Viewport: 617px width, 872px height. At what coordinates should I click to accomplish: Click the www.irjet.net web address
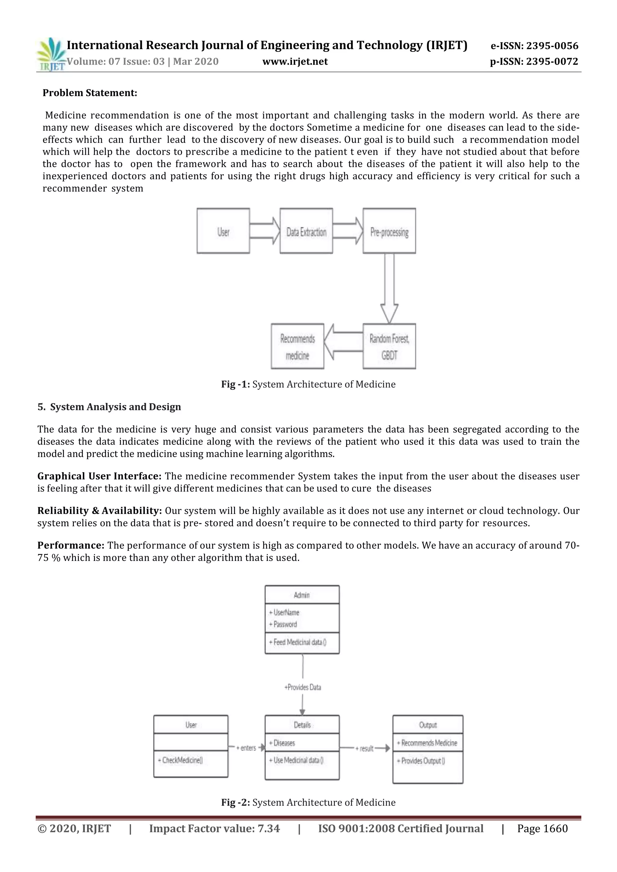click(295, 61)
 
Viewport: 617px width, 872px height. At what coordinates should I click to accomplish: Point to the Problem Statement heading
click(90, 93)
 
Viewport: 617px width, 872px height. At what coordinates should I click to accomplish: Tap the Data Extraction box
click(306, 231)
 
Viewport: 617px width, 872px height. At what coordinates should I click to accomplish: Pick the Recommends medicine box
click(297, 346)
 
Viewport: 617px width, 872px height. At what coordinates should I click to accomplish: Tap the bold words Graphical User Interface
click(99, 476)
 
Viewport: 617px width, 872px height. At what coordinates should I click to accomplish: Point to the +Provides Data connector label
click(302, 687)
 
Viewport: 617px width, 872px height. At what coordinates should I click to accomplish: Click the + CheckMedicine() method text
click(180, 760)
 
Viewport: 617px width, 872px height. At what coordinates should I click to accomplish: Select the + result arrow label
click(365, 749)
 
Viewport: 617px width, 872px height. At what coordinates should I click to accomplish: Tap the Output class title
click(428, 725)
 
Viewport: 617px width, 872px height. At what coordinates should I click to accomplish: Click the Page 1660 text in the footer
click(542, 829)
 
